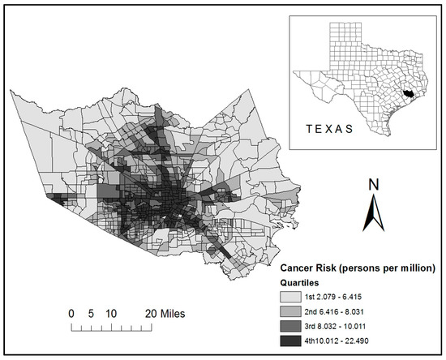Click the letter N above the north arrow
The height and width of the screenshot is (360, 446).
click(x=371, y=184)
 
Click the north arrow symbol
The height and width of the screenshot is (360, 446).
click(x=371, y=215)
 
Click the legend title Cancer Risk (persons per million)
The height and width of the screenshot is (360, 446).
click(x=358, y=268)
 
